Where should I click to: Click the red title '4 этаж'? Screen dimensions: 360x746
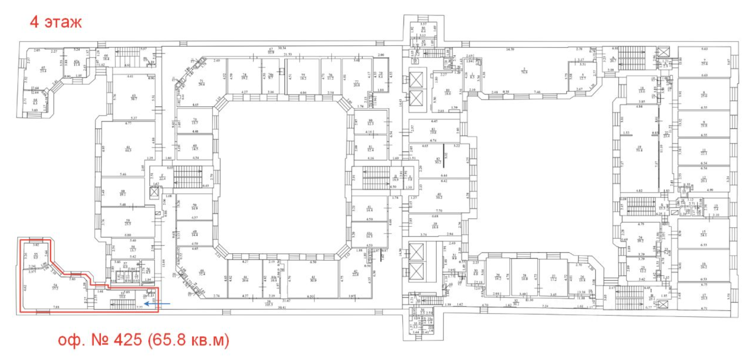(x=56, y=21)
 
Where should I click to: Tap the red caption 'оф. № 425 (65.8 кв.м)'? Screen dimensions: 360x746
(x=143, y=340)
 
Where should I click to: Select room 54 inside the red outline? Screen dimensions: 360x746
(x=55, y=287)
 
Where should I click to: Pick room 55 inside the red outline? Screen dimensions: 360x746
(x=36, y=256)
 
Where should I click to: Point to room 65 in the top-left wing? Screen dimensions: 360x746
(x=43, y=69)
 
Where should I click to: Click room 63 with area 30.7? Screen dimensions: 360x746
(x=134, y=97)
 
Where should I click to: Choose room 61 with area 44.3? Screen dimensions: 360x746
(x=128, y=149)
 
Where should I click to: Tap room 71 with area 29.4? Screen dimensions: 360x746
(x=201, y=83)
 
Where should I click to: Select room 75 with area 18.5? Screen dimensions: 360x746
(x=303, y=77)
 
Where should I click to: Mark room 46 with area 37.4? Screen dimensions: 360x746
(x=202, y=272)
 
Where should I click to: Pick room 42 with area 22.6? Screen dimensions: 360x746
(x=356, y=273)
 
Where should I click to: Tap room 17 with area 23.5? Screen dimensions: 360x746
(x=704, y=297)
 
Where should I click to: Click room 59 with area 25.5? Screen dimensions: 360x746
(x=128, y=223)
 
